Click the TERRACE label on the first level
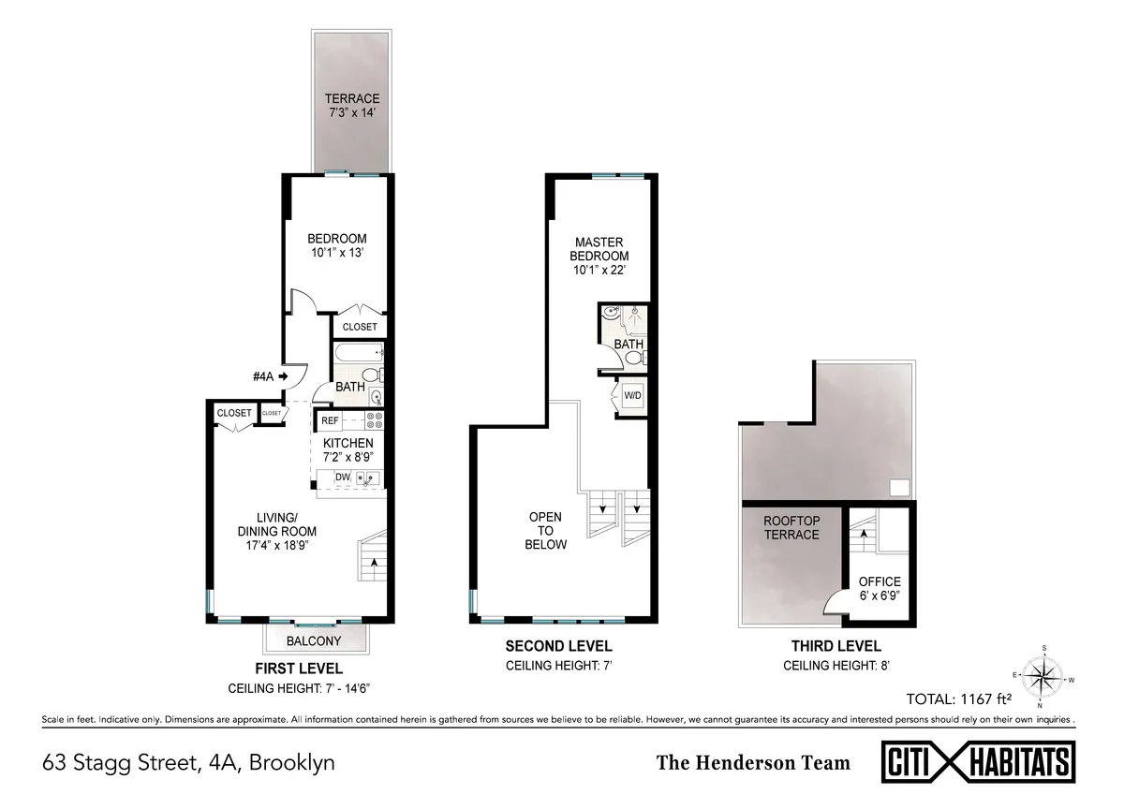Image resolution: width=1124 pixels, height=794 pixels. point(352,98)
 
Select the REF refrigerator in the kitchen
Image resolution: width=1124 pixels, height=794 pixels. point(330,420)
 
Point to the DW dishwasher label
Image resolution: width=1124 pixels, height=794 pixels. point(342,478)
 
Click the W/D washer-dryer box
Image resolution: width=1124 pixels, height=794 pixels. point(633,395)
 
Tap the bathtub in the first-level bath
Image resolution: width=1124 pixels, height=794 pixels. point(358,354)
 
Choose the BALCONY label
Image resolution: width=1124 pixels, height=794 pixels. point(314,641)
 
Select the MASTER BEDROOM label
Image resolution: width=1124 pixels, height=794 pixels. point(599,249)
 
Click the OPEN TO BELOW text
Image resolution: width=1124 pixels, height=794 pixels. point(546,531)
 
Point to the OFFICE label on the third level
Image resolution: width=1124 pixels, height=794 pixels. point(880,581)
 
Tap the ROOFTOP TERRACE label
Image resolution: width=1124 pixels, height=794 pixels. point(791,528)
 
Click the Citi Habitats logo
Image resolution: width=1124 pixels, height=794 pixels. point(980,761)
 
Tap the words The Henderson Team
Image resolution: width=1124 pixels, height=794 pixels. point(753,762)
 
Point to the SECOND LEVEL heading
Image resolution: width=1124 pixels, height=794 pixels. point(558,646)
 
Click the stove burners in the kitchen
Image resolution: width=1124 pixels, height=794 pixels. point(374,420)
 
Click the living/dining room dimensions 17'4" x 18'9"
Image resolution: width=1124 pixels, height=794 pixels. point(292,544)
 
